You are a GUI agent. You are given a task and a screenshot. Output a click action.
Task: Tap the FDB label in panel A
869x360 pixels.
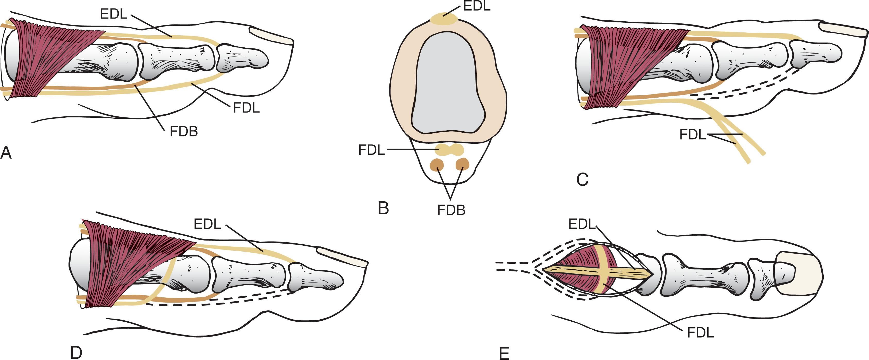(184, 131)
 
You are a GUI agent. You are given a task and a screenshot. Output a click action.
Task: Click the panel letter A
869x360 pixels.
(6, 153)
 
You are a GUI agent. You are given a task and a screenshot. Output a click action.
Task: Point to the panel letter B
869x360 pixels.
(384, 208)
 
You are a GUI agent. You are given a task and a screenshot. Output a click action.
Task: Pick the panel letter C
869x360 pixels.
(582, 179)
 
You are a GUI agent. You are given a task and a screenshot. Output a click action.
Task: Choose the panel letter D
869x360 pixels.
(76, 353)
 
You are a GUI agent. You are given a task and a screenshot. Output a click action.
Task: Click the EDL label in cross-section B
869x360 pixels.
(477, 6)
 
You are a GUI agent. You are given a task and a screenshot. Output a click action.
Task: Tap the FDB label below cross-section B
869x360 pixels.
(451, 210)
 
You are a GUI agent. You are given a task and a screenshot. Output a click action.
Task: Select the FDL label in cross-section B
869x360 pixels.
(371, 150)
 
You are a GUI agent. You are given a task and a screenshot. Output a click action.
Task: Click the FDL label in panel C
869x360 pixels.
(693, 135)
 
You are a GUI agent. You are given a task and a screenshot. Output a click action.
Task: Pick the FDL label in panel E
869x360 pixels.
(701, 333)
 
